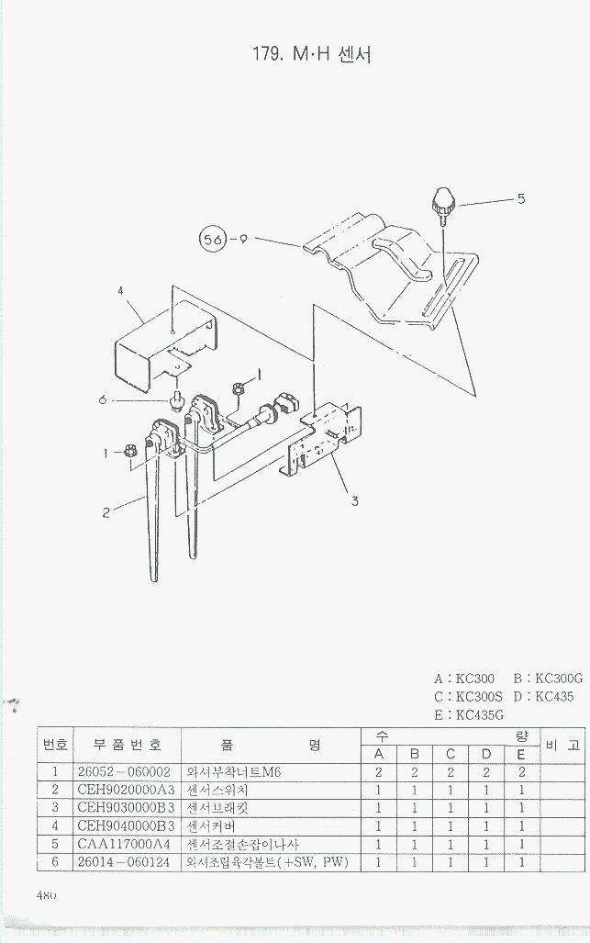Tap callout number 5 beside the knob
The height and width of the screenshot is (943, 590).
520,196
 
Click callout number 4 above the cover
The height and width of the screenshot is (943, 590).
120,291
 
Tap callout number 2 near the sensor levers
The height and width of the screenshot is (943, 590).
106,512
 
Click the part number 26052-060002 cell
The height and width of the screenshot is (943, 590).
125,772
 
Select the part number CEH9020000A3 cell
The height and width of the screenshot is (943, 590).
125,790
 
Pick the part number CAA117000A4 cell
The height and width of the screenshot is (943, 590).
125,844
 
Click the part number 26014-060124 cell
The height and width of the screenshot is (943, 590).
125,862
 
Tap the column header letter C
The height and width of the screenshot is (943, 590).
450,755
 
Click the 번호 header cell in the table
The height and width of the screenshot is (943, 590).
54,746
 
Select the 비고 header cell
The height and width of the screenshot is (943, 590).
562,746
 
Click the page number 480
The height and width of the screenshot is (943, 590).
48,895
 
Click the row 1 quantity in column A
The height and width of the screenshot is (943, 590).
378,772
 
